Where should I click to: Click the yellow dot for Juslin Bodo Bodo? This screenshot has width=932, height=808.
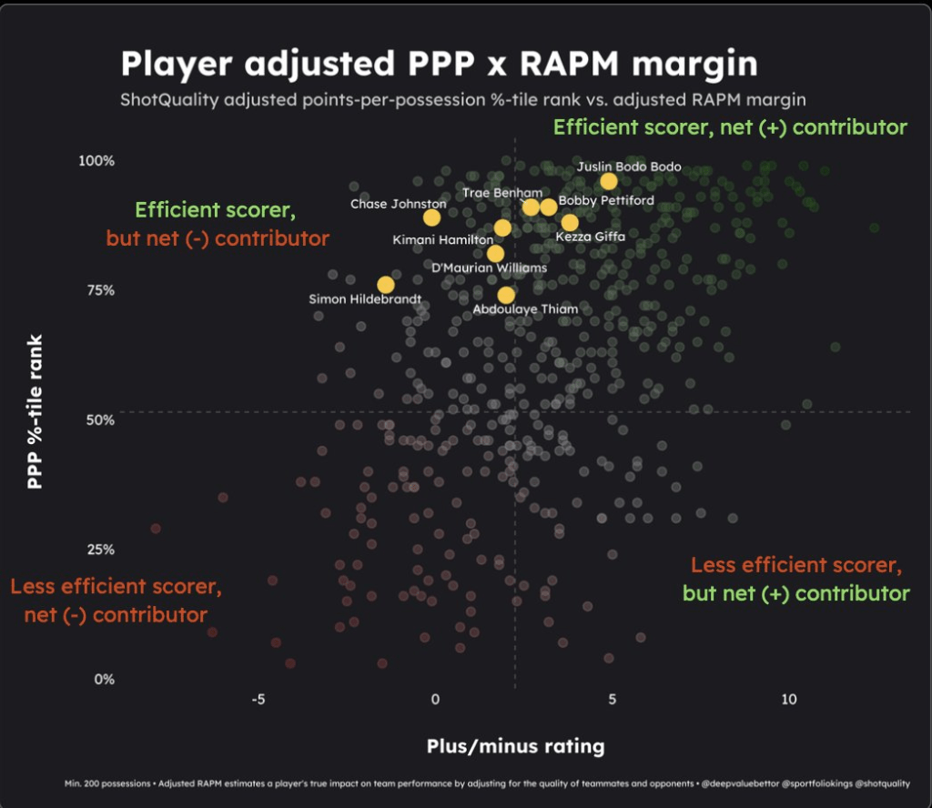pyautogui.click(x=609, y=181)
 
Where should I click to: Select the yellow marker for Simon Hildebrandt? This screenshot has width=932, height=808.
pyautogui.click(x=386, y=285)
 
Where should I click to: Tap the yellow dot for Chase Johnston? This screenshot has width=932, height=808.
pyautogui.click(x=431, y=217)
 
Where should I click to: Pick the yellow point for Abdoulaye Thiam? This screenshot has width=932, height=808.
pyautogui.click(x=506, y=295)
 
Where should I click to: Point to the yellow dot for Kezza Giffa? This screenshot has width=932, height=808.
pyautogui.click(x=570, y=223)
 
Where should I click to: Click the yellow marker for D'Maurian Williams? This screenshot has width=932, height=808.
pyautogui.click(x=495, y=254)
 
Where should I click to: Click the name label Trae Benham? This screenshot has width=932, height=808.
pyautogui.click(x=502, y=193)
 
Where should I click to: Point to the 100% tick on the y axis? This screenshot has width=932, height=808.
pyautogui.click(x=96, y=161)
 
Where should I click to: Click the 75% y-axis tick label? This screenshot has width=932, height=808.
pyautogui.click(x=100, y=290)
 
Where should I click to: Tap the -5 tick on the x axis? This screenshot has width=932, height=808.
pyautogui.click(x=258, y=700)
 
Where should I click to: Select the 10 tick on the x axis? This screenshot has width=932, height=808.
pyautogui.click(x=789, y=700)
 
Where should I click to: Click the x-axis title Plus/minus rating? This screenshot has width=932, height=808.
pyautogui.click(x=515, y=747)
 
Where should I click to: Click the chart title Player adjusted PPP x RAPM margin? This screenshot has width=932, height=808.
pyautogui.click(x=439, y=64)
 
